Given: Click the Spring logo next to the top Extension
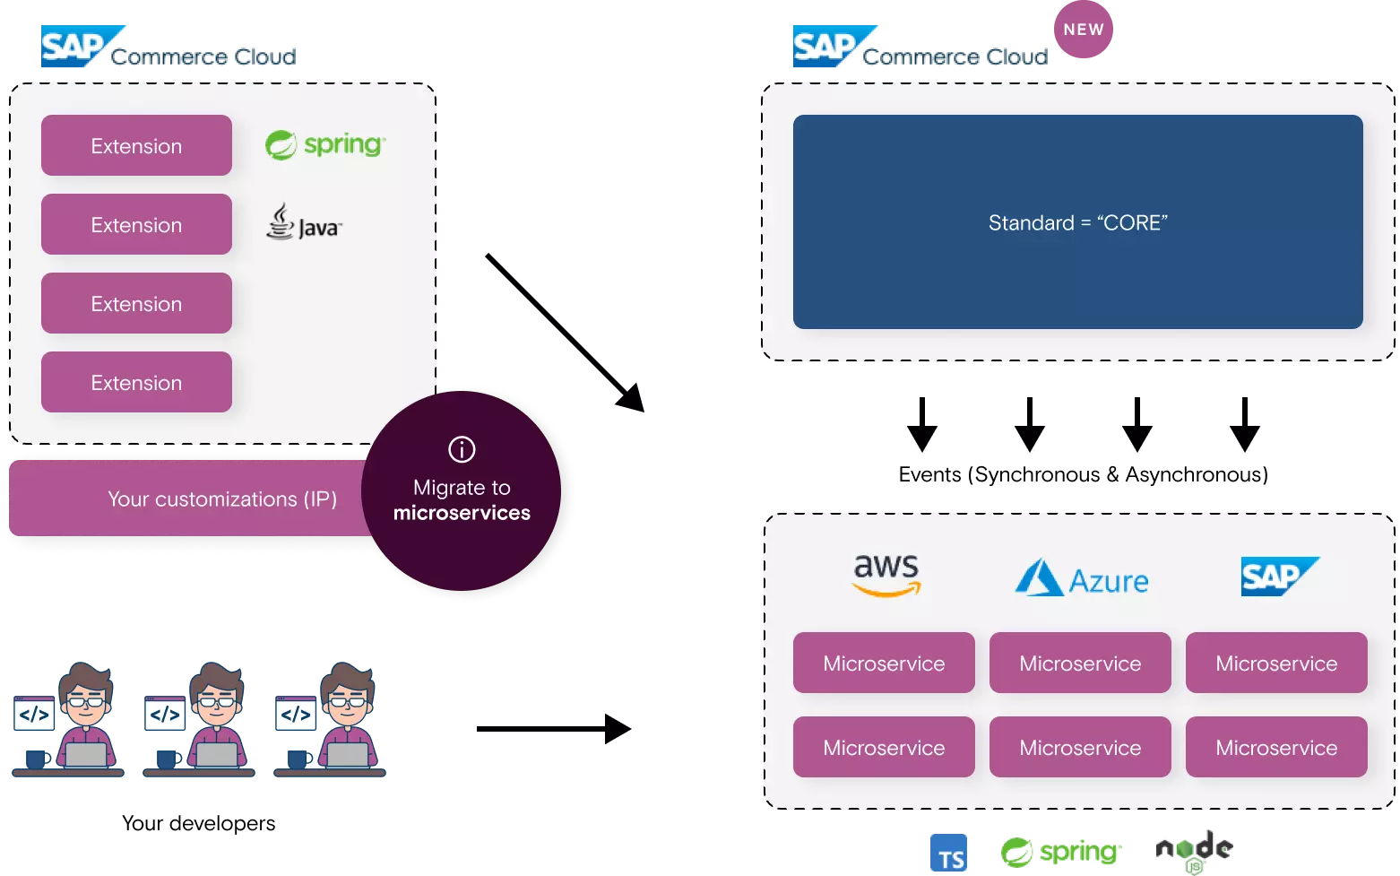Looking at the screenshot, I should point(324,144).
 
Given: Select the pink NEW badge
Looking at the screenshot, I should point(1083,30).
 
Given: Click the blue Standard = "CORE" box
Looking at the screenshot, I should point(1077,221).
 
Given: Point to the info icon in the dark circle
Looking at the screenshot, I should point(462,449).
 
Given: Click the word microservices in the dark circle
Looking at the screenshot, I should point(462,513).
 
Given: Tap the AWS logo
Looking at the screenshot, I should point(886,575).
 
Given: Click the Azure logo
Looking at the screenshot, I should point(1081,578).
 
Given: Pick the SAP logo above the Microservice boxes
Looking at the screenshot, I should point(1278,576).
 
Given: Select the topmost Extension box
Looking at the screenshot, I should point(136,145).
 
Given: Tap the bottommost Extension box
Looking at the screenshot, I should point(136,382).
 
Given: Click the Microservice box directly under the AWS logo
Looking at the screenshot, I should point(884,663).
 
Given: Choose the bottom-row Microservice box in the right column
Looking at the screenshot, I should point(1276,747).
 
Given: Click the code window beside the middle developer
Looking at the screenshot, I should point(165,714).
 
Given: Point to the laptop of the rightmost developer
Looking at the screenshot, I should point(347,755).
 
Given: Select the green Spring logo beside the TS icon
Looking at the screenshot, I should point(1060,851).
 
